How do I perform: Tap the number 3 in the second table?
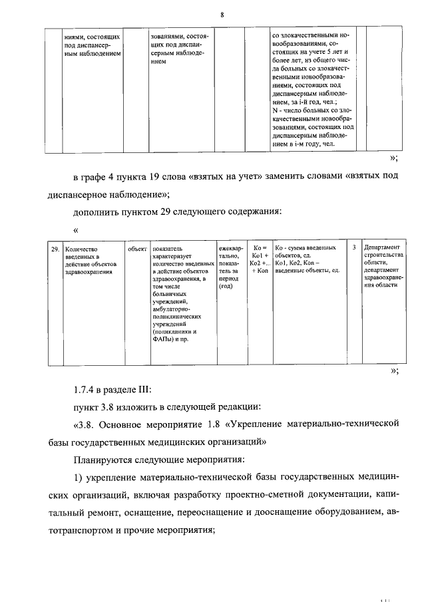[x=353, y=247]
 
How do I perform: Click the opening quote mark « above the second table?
[x=76, y=230]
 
